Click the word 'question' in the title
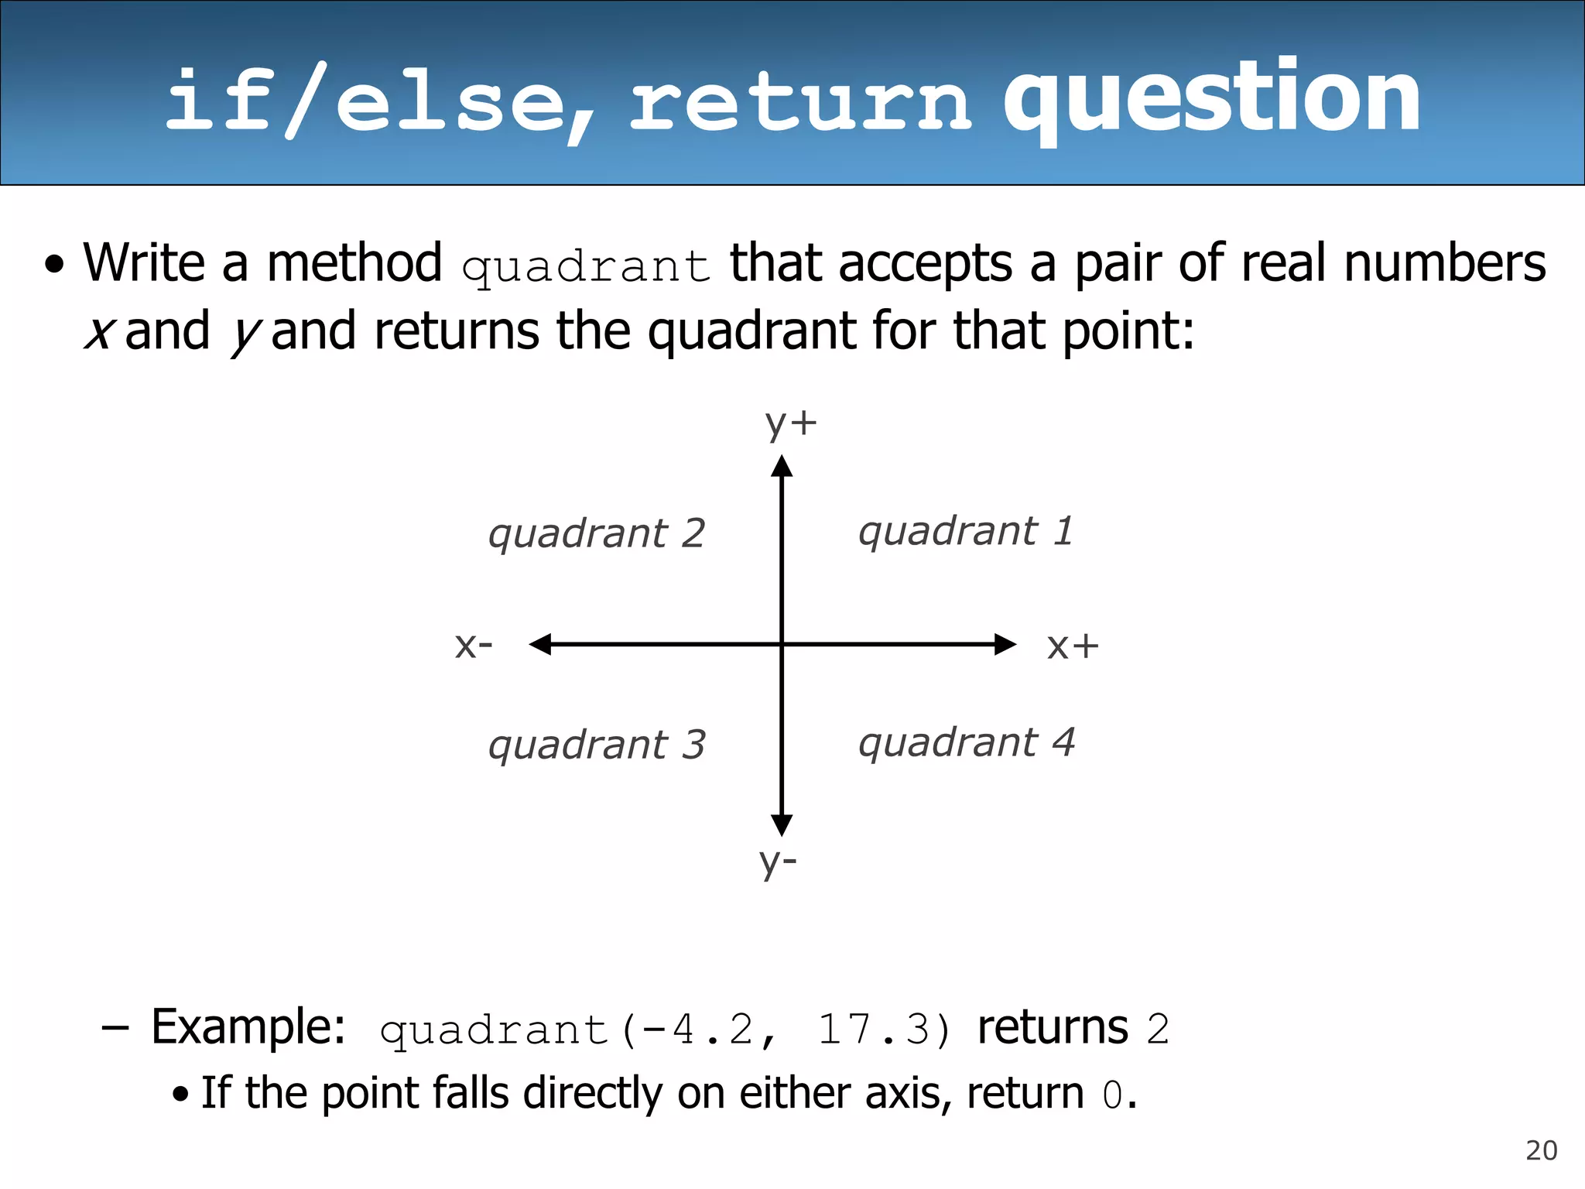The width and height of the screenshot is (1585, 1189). pos(1211,99)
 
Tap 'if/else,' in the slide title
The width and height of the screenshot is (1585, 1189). pos(379,101)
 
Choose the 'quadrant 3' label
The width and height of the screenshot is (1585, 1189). pos(596,745)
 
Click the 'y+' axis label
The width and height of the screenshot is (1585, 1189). pos(790,424)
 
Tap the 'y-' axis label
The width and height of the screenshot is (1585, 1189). pos(778,862)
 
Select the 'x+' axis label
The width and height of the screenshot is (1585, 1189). pos(1072,646)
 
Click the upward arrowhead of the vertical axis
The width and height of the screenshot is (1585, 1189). pos(782,466)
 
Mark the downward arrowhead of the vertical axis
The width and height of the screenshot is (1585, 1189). pos(782,824)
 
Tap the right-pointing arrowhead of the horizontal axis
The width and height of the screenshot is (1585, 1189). pos(1005,644)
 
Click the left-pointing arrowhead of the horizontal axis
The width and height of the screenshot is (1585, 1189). pos(540,644)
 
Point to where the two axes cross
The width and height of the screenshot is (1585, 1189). pos(782,644)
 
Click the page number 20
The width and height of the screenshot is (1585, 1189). pos(1541,1151)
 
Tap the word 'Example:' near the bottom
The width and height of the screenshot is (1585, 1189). pos(248,1028)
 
